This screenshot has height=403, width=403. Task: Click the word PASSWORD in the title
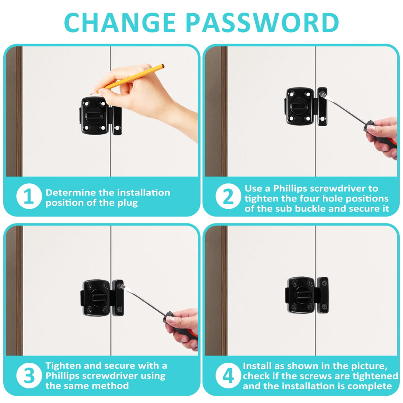tap(262, 22)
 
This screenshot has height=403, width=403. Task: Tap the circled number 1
tap(29, 196)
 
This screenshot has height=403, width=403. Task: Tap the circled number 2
tap(228, 196)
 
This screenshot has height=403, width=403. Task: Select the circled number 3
tap(29, 375)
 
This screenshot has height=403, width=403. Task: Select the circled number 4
tap(228, 375)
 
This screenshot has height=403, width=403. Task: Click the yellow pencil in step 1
tap(128, 79)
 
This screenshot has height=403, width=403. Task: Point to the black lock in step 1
tap(101, 116)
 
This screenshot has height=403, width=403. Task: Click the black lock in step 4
tap(307, 295)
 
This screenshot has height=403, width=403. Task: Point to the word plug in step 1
tap(127, 203)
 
